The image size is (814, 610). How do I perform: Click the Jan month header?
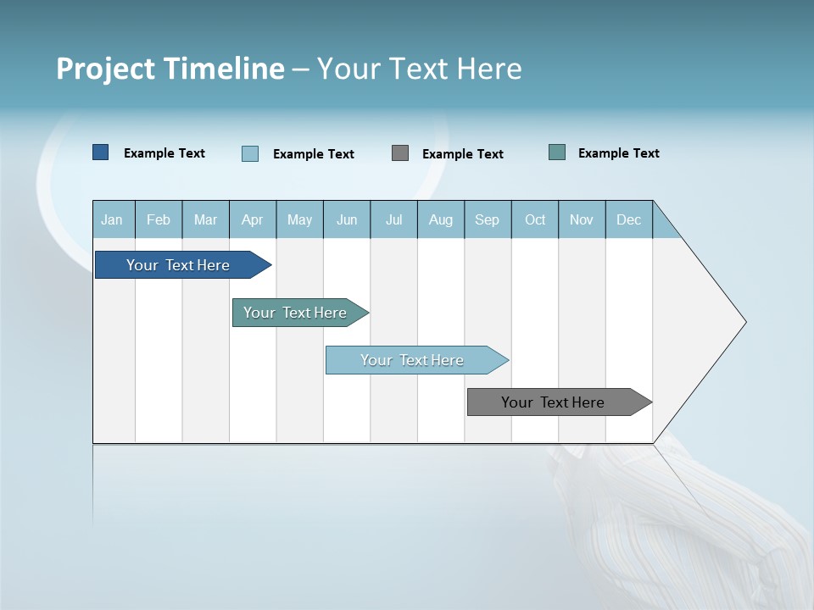112,219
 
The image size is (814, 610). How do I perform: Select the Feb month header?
159,219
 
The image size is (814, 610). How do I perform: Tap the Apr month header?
253,219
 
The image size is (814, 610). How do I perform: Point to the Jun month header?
347,219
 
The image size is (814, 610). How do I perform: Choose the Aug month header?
441,219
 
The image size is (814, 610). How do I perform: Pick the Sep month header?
488,219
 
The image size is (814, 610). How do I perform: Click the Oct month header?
535,219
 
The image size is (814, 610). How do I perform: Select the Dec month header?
629,219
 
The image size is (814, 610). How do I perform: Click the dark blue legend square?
101,152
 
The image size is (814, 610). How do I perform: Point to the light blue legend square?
250,153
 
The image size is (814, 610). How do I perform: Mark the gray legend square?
400,153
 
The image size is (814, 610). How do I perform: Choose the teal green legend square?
557,152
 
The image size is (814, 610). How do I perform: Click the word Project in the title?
106,69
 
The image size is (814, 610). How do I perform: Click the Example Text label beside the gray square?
463,154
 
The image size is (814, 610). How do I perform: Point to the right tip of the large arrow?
744,322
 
